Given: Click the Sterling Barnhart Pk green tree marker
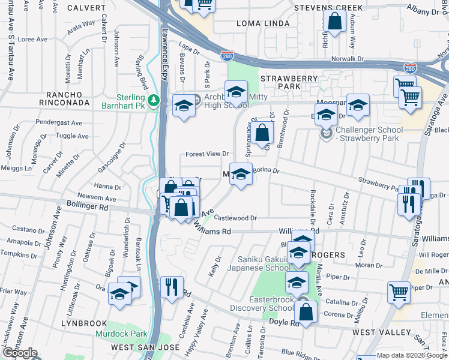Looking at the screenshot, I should (x=154, y=99).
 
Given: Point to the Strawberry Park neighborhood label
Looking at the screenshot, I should (x=288, y=82).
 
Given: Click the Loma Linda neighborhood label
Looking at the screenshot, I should (x=264, y=23).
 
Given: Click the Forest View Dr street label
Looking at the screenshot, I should (x=207, y=154).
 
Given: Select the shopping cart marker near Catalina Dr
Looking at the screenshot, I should (x=398, y=292).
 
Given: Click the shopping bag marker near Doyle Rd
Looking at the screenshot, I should (x=306, y=311).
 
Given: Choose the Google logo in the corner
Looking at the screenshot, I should (x=19, y=353).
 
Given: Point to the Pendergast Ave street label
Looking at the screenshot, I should (x=59, y=122).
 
